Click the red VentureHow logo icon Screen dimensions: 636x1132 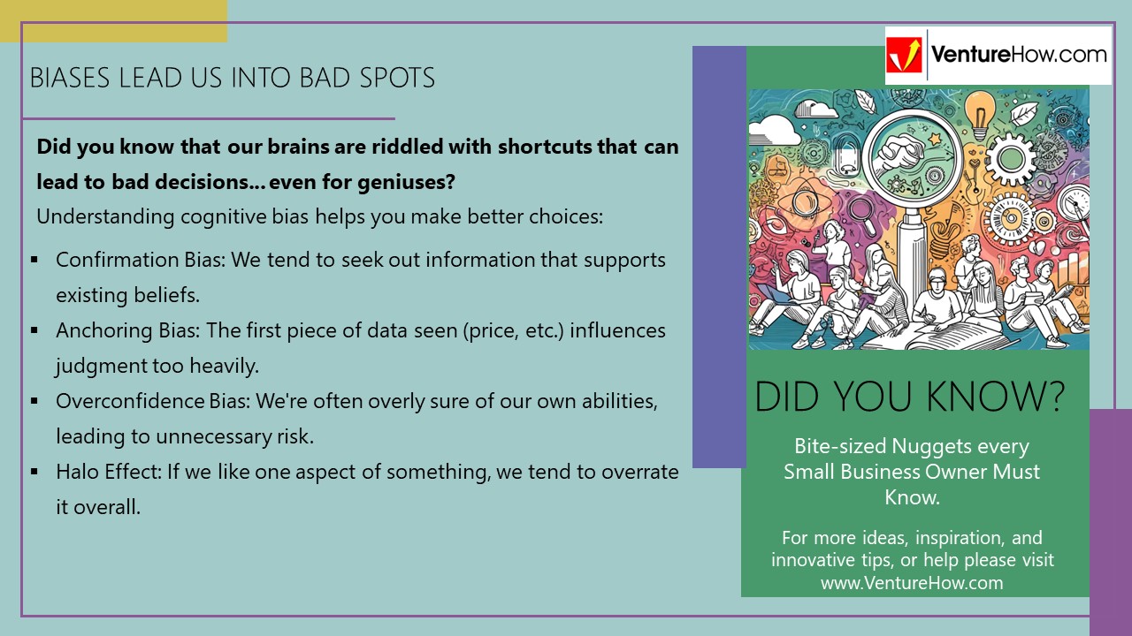pos(905,55)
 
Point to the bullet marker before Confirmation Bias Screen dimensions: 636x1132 pos(34,260)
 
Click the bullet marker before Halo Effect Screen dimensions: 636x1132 pos(34,472)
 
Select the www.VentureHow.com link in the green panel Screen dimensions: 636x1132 pos(912,582)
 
